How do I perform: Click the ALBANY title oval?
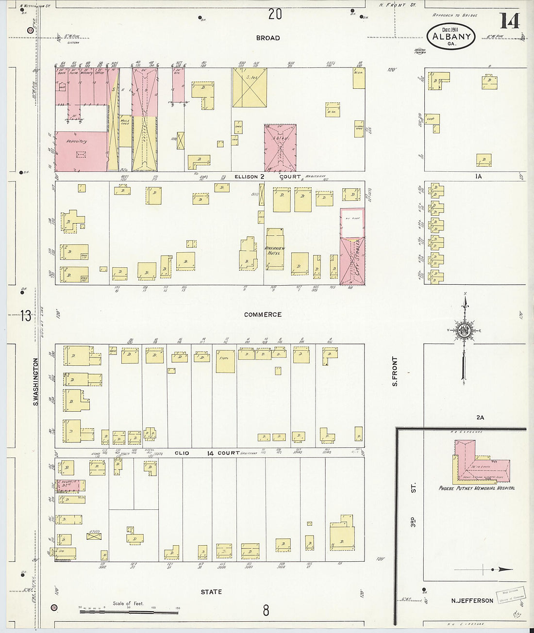pyautogui.click(x=451, y=36)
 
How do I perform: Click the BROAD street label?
pyautogui.click(x=268, y=38)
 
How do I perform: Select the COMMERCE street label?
pyautogui.click(x=263, y=315)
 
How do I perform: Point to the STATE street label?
pyautogui.click(x=211, y=592)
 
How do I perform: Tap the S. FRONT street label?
pyautogui.click(x=395, y=371)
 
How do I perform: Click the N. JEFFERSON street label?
pyautogui.click(x=472, y=601)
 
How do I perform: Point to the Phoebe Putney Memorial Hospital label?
pyautogui.click(x=476, y=488)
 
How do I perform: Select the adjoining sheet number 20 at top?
pyautogui.click(x=275, y=15)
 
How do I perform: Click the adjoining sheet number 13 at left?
pyautogui.click(x=25, y=317)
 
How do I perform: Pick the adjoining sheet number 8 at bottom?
pyautogui.click(x=266, y=610)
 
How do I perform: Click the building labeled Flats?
pyautogui.click(x=225, y=361)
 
